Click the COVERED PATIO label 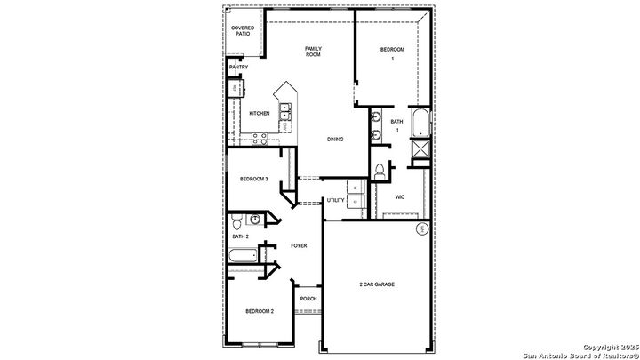tap(242, 30)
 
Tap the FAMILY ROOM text tap(313, 52)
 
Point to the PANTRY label tap(238, 68)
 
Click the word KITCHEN tap(260, 113)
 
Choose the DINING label tap(335, 139)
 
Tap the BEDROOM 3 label tap(254, 180)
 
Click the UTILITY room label tap(336, 201)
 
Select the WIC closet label tap(400, 197)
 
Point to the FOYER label tap(300, 244)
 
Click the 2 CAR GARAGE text tap(377, 284)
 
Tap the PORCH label tap(308, 299)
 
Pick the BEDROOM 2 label tap(260, 311)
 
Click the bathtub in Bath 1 tap(420, 124)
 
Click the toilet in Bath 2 tap(255, 219)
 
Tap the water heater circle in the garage tap(420, 230)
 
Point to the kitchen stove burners tap(260, 137)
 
